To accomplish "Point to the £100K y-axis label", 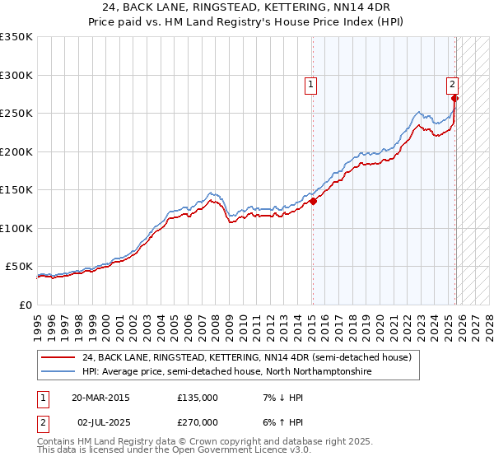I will tap(16, 228).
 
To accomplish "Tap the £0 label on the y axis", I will tap(25, 305).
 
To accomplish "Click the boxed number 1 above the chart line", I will tap(311, 83).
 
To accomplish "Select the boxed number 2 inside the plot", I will tap(453, 83).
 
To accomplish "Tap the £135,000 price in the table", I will tap(198, 398).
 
